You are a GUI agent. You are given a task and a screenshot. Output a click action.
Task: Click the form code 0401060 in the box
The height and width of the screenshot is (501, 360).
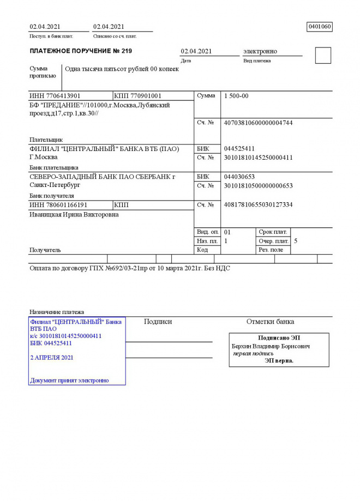click(320, 27)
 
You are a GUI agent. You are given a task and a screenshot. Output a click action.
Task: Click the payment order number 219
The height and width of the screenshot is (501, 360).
click(126, 51)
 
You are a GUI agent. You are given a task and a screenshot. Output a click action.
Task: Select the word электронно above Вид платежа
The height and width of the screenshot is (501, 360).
click(260, 51)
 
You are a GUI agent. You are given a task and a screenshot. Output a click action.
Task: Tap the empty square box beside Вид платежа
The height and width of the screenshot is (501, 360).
click(323, 56)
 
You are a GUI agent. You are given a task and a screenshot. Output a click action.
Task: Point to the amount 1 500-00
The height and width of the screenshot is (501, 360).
click(236, 96)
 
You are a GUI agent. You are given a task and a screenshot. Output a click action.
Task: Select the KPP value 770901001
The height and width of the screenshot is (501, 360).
click(146, 96)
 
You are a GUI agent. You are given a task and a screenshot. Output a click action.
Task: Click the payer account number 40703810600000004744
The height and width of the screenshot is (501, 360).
click(258, 123)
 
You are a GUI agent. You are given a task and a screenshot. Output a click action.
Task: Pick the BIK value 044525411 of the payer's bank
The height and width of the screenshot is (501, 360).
click(239, 149)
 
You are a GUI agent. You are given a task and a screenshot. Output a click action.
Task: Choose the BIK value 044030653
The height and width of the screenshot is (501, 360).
click(239, 177)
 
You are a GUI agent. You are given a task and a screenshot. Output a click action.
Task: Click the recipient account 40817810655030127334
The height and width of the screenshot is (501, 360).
click(258, 205)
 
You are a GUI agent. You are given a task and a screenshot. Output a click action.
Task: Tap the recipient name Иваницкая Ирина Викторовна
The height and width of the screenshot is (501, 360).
click(74, 215)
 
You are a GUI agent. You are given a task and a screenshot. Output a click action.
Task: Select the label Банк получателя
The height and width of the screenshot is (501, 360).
click(51, 196)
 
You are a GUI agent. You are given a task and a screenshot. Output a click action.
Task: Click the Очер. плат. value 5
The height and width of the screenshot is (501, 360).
click(296, 241)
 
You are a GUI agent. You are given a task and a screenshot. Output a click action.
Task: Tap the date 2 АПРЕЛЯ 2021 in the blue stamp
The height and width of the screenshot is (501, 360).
click(52, 358)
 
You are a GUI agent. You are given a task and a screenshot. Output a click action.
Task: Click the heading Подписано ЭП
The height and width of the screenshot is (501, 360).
click(279, 338)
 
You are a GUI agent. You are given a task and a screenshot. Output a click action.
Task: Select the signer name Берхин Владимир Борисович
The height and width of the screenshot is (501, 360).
click(271, 346)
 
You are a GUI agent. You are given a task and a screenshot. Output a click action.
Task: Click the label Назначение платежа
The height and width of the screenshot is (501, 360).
click(57, 312)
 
